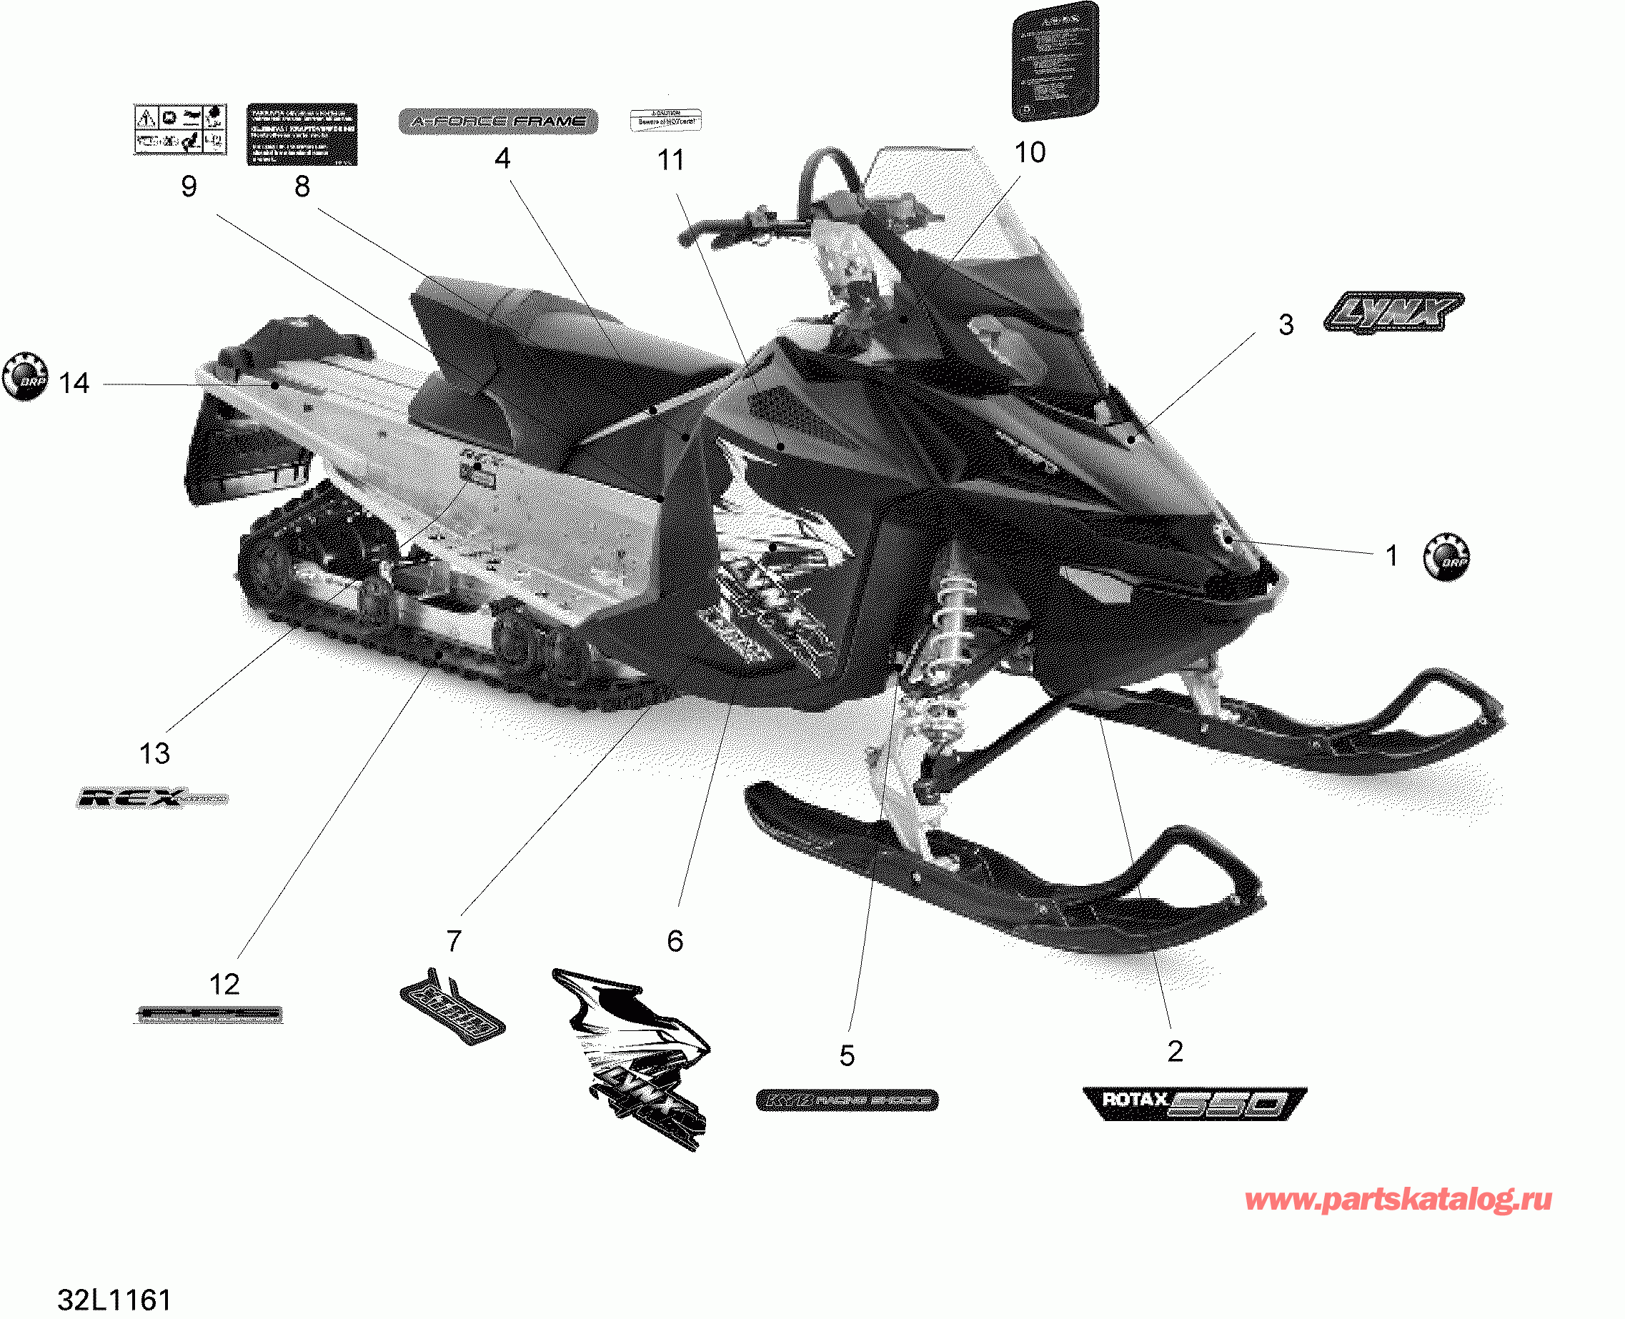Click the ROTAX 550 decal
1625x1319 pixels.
click(1193, 1103)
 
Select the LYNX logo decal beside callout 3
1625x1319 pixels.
click(1393, 312)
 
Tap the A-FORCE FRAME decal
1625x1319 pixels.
click(498, 121)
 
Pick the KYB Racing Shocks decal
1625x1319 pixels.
click(847, 1100)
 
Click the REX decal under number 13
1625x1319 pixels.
click(151, 798)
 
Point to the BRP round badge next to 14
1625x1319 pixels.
click(25, 376)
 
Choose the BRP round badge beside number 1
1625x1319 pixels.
click(1446, 557)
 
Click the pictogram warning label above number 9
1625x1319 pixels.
click(180, 130)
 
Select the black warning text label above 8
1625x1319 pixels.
click(302, 134)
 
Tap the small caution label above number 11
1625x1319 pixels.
click(665, 120)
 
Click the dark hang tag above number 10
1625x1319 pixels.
click(1055, 61)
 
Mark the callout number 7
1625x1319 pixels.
click(454, 940)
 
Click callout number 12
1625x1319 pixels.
click(224, 984)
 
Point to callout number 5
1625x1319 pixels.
click(847, 1055)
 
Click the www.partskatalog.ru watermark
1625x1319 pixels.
click(1398, 1200)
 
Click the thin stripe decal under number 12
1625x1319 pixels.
click(209, 1014)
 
